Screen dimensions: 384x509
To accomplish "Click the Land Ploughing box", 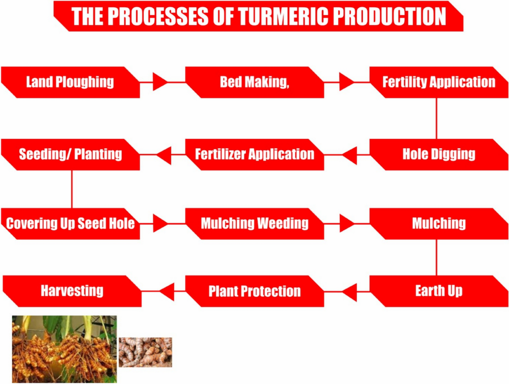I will point(70,82).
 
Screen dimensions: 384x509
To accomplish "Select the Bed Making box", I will point(255,82).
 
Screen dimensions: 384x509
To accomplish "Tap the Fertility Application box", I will point(439,82).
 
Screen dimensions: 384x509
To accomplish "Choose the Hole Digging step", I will point(439,154).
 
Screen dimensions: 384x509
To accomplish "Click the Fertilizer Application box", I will point(255,154).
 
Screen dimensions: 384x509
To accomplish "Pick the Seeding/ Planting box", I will point(70,154).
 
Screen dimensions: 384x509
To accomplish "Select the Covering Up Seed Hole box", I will point(70,224).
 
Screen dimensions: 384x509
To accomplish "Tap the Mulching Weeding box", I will point(255,224).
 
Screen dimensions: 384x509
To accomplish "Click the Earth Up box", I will point(439,291).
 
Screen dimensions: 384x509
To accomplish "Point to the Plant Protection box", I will point(255,291).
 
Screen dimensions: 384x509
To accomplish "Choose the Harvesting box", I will point(72,291).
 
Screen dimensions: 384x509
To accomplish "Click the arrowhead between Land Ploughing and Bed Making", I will point(159,82).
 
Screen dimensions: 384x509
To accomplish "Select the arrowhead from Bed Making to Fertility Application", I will point(346,82).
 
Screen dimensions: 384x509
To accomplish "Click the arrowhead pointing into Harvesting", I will point(167,291).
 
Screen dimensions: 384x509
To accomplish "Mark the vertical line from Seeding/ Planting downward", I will point(72,189).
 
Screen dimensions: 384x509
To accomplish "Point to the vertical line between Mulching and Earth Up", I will point(436,257).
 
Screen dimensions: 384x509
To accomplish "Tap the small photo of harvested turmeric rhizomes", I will point(145,352).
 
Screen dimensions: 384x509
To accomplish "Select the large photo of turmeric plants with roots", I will point(64,349).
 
